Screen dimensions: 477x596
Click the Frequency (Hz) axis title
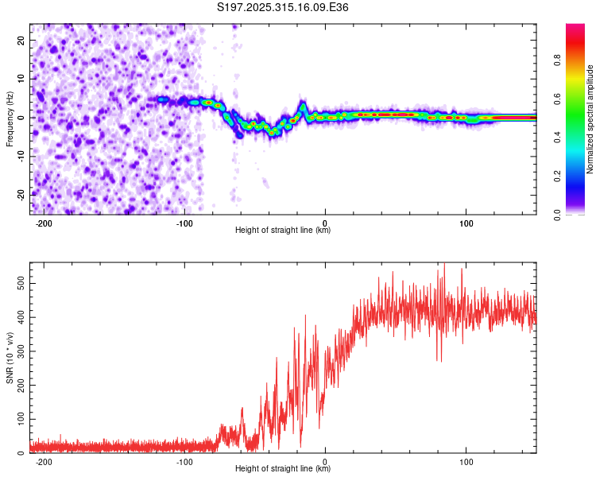(x=10, y=118)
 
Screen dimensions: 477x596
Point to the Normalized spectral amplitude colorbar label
(x=590, y=119)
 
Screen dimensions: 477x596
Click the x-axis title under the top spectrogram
(x=283, y=231)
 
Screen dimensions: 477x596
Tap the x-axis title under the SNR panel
(x=283, y=469)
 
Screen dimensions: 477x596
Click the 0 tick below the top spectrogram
(x=325, y=223)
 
